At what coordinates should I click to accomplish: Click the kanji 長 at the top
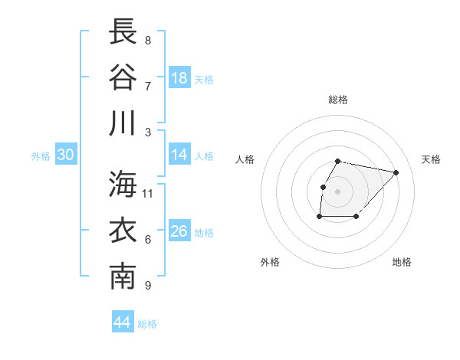point(123,32)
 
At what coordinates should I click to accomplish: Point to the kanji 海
point(123,183)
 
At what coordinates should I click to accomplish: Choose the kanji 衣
point(123,231)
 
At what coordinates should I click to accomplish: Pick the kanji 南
point(123,277)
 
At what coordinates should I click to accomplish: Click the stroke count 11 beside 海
point(148,193)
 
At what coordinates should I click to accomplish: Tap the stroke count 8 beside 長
point(147,41)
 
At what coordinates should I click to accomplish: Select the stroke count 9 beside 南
point(147,286)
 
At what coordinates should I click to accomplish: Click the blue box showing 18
point(179,78)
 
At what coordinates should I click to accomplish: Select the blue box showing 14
point(179,155)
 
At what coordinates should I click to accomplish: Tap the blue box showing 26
point(179,231)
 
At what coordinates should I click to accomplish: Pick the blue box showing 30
point(65,155)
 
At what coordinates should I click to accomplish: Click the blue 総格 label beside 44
point(147,324)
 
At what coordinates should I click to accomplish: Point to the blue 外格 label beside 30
point(41,156)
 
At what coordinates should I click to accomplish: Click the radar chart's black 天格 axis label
point(432,159)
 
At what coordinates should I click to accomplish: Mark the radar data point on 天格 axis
point(396,172)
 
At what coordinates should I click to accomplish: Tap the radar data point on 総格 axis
point(338,161)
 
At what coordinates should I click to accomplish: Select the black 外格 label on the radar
point(270,262)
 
